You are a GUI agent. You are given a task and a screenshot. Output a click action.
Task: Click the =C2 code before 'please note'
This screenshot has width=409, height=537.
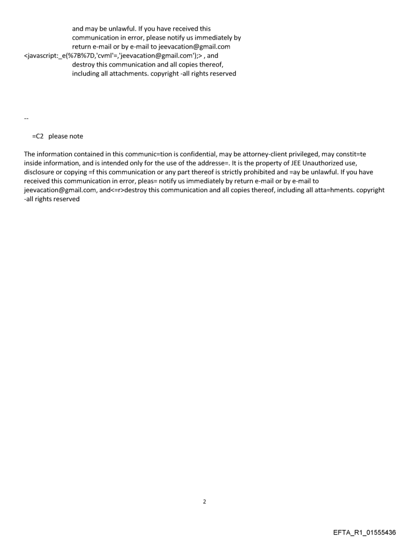click(38, 136)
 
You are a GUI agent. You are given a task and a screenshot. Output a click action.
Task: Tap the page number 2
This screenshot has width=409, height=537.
click(204, 501)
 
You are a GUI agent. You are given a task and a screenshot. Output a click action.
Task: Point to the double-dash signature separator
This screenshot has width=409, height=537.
click(26, 119)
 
